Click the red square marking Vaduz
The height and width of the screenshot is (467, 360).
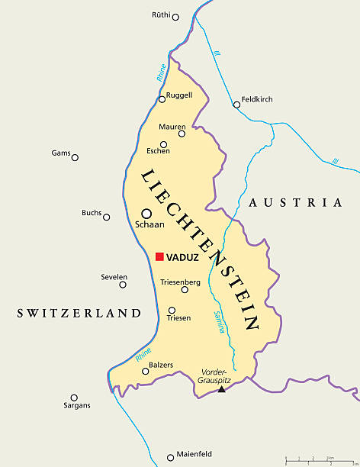click(x=159, y=257)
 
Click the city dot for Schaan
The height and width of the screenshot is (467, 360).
click(x=146, y=214)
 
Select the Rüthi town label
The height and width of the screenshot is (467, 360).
click(x=161, y=14)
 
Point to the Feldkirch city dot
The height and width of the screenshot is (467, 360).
click(x=236, y=105)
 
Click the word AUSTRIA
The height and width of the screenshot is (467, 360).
click(x=294, y=203)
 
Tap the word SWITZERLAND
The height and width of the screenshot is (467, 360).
click(x=80, y=313)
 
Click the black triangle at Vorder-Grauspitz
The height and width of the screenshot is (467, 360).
click(x=221, y=389)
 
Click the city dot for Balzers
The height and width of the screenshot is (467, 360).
click(x=145, y=372)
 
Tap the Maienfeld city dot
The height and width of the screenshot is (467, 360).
click(x=171, y=458)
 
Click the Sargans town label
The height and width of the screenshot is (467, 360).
click(x=77, y=406)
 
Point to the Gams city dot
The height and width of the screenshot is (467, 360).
click(x=75, y=157)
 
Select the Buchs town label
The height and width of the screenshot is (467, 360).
click(x=92, y=213)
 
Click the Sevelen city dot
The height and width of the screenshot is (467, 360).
click(x=124, y=285)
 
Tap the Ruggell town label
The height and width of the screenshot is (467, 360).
click(x=179, y=95)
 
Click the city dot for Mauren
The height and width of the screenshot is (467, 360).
click(x=182, y=134)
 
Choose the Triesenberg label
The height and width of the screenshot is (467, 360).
click(x=180, y=282)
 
